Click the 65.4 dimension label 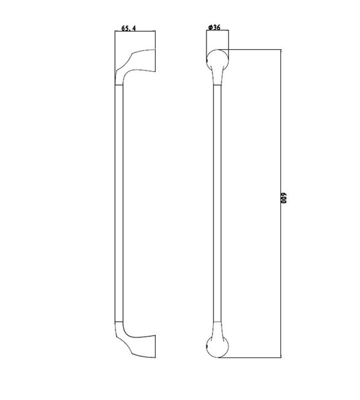coord(128,28)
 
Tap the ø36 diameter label coord(214,27)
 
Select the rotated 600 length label coord(284,198)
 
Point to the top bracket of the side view coord(135,67)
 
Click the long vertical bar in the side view coord(119,203)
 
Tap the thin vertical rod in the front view coord(217,203)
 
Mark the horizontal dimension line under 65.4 coord(135,31)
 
